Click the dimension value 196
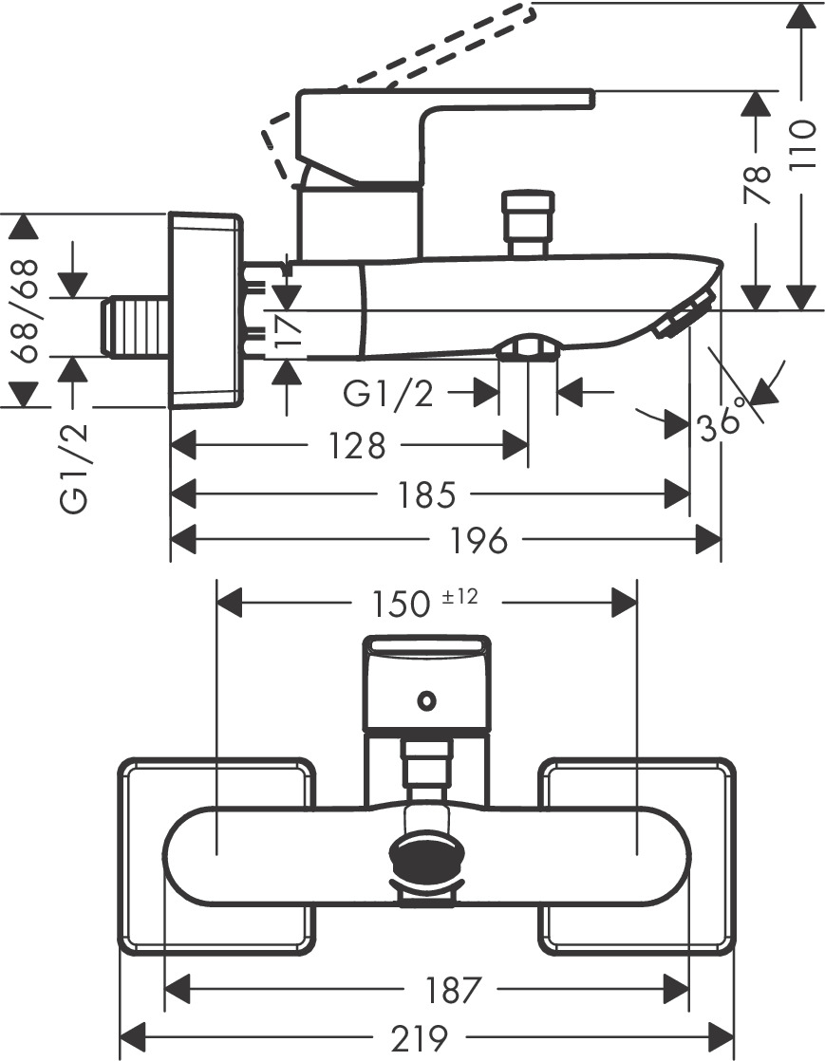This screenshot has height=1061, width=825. [480, 541]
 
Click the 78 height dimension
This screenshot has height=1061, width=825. [757, 186]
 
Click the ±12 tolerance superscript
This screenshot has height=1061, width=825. [459, 596]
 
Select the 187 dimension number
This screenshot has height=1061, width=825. [451, 990]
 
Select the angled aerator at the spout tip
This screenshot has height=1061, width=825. [684, 315]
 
